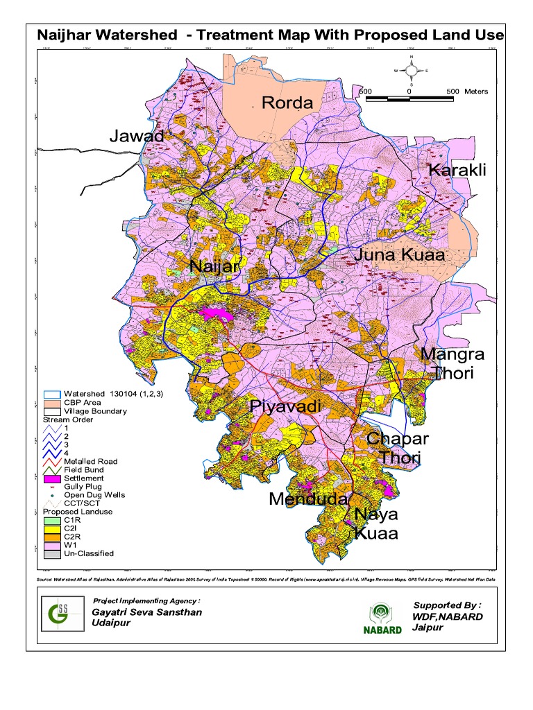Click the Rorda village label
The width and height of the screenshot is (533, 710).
tap(287, 103)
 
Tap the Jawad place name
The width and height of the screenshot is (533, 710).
tap(137, 136)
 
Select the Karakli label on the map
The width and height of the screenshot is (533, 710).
tap(457, 171)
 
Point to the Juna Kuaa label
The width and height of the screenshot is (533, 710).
tap(399, 255)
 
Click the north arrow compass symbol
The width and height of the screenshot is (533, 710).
tap(411, 70)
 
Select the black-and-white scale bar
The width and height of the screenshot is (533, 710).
tap(409, 100)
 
